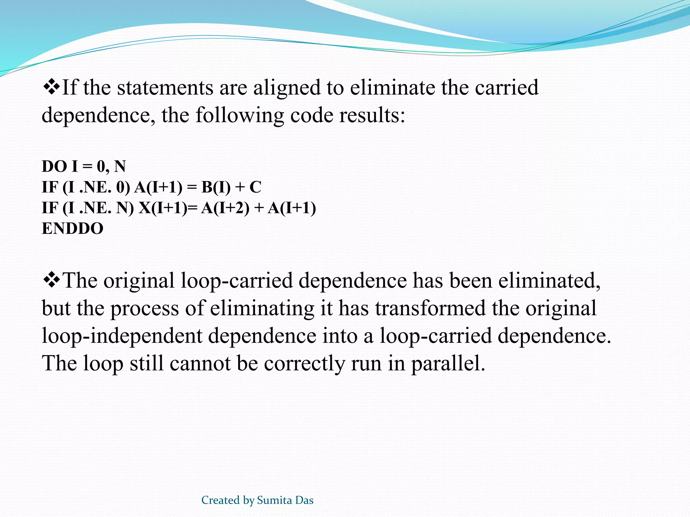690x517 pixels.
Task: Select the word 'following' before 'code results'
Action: (240, 116)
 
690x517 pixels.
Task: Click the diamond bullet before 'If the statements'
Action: (51, 87)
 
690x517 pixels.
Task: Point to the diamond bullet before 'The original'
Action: (51, 280)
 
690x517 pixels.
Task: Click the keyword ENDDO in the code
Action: (72, 229)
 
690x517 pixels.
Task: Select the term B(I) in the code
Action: (216, 187)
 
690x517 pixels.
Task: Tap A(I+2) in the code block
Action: (225, 208)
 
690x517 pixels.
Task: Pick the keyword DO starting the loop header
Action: (54, 166)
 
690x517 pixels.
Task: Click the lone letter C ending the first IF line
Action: (255, 187)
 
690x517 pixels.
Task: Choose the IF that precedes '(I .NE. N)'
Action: (50, 208)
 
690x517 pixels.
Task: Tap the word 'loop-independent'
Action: (122, 336)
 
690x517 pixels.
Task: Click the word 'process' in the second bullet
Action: (145, 309)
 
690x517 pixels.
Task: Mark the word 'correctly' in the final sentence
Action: (304, 364)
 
